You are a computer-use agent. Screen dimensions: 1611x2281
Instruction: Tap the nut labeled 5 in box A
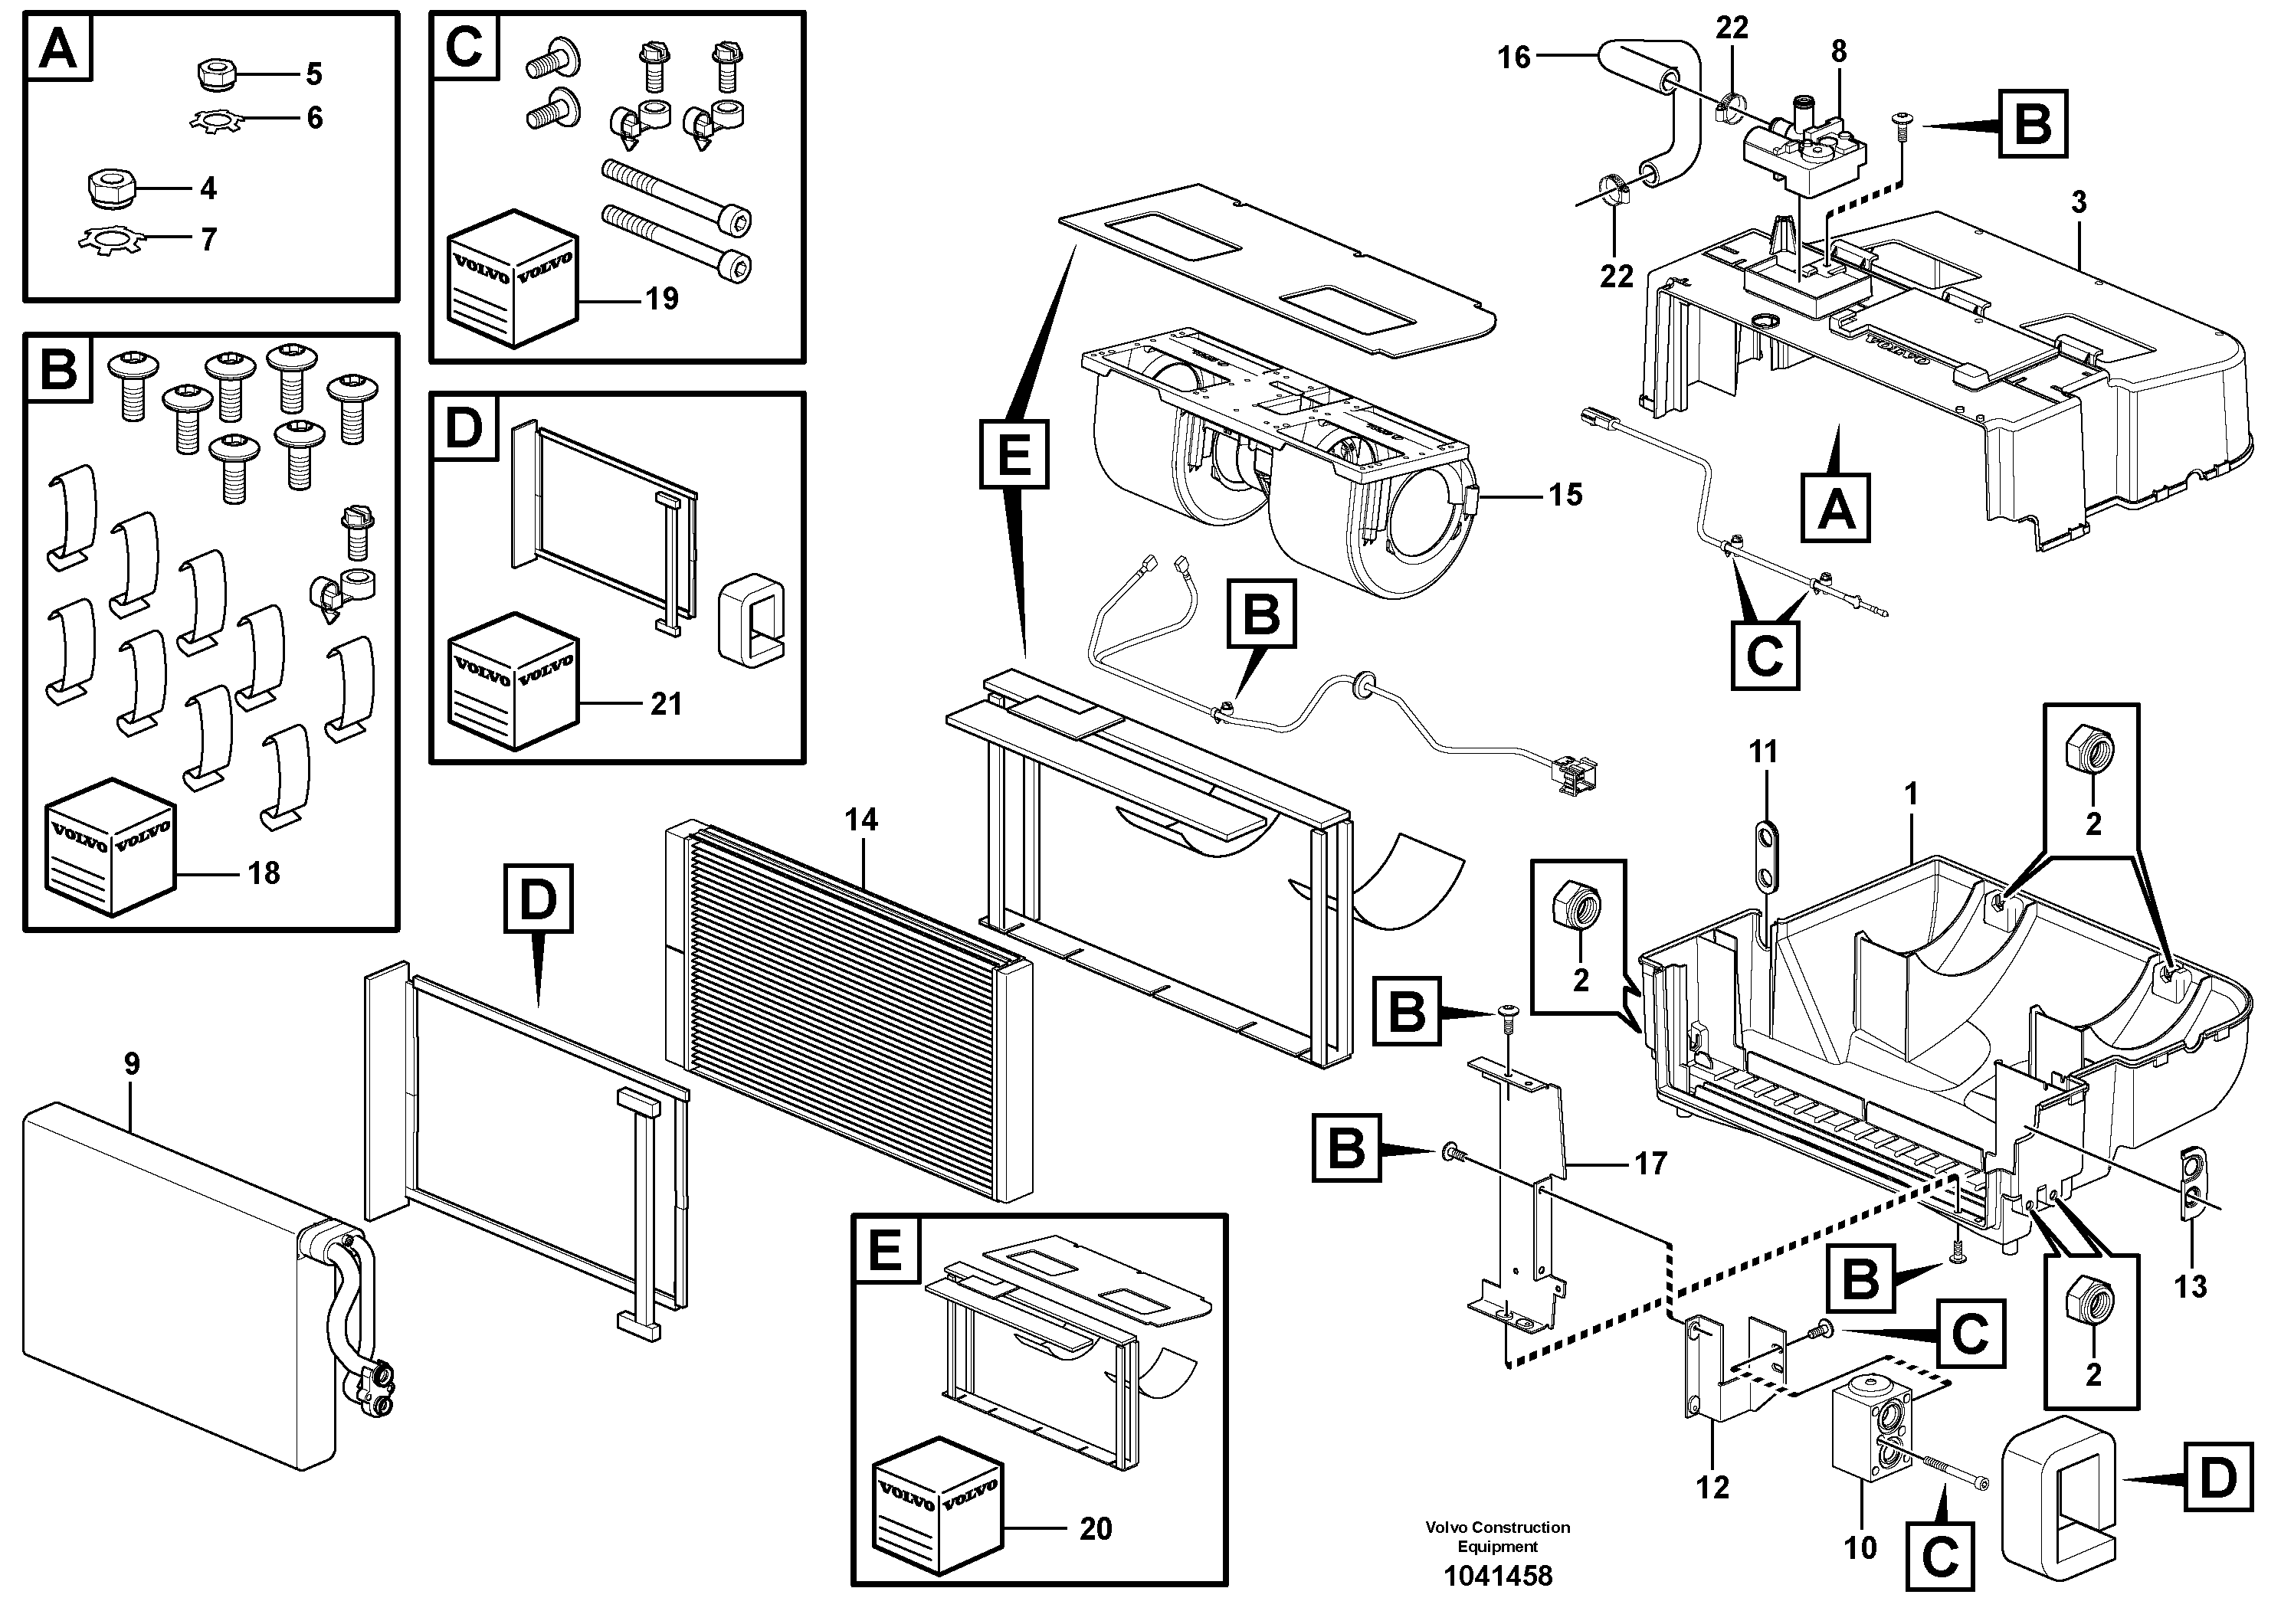pos(211,74)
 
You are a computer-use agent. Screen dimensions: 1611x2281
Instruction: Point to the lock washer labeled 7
pos(110,239)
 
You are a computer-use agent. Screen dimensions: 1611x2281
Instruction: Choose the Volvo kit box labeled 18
pos(110,847)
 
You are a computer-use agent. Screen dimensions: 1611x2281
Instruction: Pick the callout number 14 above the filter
pos(861,820)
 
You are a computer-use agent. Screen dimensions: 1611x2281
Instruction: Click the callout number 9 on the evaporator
pos(132,1064)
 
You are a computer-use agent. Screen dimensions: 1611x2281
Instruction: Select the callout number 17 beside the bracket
pos(1650,1163)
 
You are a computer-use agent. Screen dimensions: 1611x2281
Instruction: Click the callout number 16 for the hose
pos(1514,57)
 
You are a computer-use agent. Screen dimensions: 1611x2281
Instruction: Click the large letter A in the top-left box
pos(58,47)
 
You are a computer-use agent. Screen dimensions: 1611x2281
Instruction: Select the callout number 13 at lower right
pos(2190,1286)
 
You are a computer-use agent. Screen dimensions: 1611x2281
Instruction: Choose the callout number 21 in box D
pos(666,703)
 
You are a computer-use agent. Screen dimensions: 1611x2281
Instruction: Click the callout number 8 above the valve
pos(1839,51)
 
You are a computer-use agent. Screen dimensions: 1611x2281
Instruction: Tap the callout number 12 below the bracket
pos(1712,1487)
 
